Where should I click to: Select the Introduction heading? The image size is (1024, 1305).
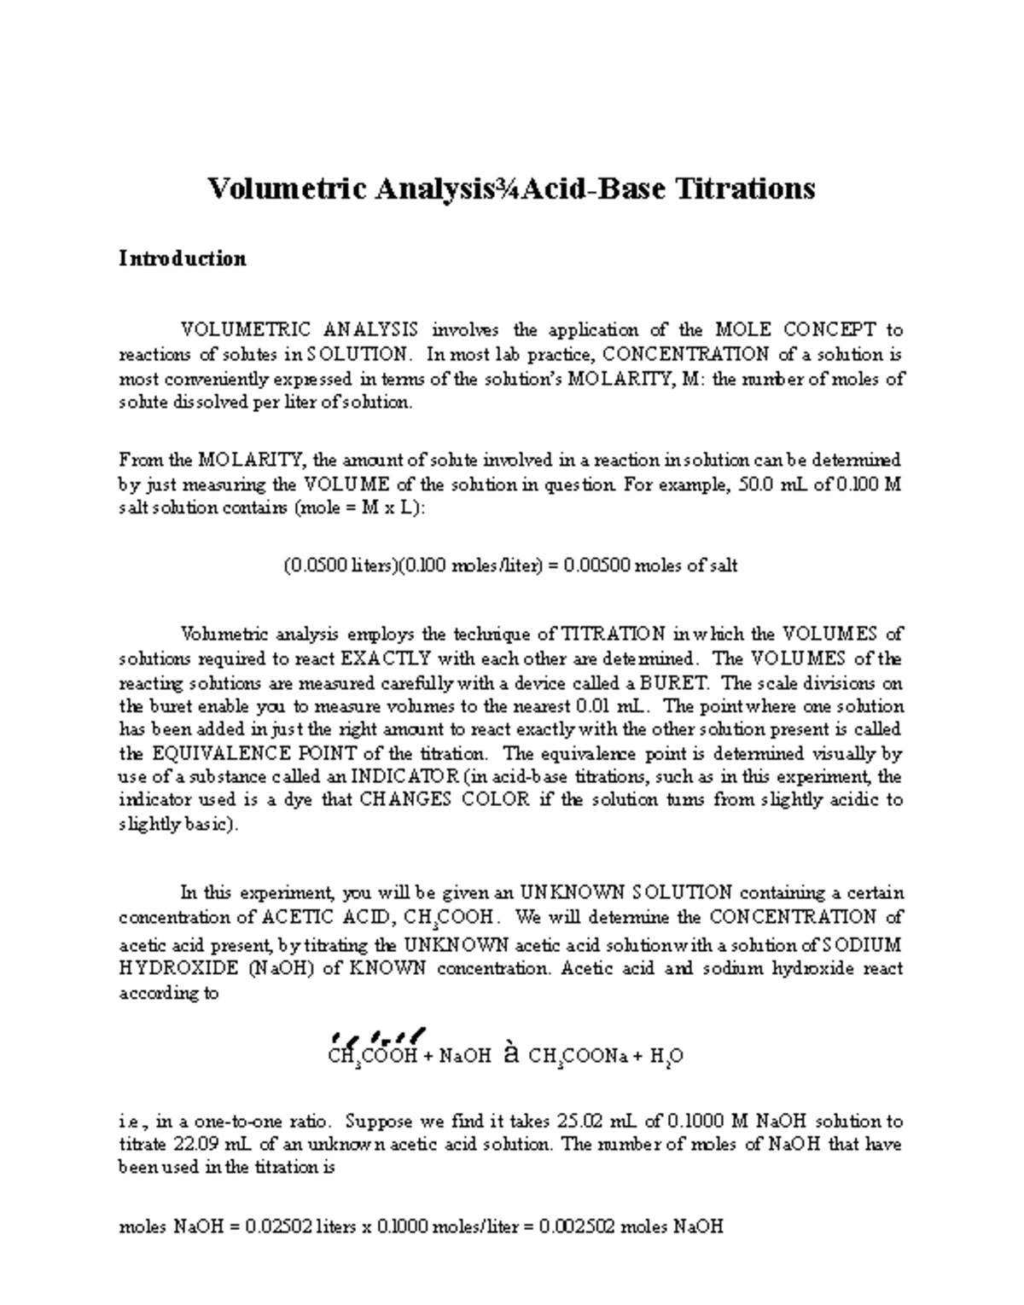click(x=182, y=258)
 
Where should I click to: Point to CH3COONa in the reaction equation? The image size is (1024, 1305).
click(x=579, y=1057)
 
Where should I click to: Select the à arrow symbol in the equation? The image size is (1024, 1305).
click(x=509, y=1054)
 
